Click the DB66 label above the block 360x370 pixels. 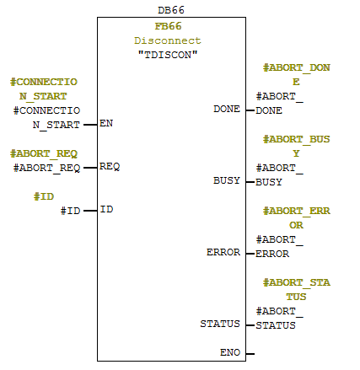pos(171,10)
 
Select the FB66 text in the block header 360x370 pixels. pos(168,26)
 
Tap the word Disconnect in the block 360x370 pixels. pos(168,40)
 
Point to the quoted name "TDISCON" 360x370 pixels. pos(168,55)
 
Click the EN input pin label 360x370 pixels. pos(106,123)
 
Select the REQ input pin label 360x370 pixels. pos(110,166)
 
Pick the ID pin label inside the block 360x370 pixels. pos(106,209)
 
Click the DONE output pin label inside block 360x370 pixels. pos(227,109)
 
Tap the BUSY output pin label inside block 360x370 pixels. pos(227,180)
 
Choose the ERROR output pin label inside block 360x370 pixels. pos(223,252)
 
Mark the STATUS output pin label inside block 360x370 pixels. pos(220,324)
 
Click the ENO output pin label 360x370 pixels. pos(230,352)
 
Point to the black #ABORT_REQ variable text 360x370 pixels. pos(47,168)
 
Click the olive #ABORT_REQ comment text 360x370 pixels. pos(44,153)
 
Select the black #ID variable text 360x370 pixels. pos(71,211)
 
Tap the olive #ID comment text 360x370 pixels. pos(44,196)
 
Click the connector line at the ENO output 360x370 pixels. pos(250,354)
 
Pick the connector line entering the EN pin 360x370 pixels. pos(90,125)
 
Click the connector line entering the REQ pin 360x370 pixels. pos(90,168)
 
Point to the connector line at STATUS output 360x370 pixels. pos(250,325)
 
